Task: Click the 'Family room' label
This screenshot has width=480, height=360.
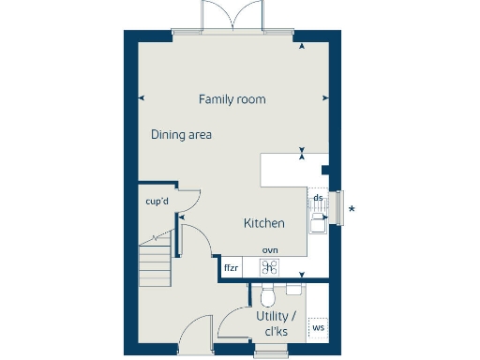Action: coord(232,99)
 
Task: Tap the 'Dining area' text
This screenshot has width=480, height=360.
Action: coord(181,135)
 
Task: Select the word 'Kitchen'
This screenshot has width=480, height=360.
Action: coord(263,223)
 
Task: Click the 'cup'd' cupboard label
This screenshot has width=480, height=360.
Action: coord(156,202)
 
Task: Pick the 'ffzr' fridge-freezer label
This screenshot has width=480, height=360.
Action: coord(231,268)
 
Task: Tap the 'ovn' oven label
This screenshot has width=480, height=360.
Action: coord(270,250)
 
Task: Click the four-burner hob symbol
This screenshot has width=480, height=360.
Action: coord(270,267)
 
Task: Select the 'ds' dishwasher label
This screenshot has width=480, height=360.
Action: coord(318,198)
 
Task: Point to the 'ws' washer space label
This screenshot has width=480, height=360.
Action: coord(318,327)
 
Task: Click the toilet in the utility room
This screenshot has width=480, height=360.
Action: coord(267,297)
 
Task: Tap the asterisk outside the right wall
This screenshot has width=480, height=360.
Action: coord(352,209)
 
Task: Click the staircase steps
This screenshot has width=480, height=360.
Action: coord(156,264)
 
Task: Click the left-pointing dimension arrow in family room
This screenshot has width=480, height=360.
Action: coord(141,98)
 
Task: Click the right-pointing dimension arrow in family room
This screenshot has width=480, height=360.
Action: coord(324,98)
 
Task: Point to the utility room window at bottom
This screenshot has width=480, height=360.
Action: coord(272,351)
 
